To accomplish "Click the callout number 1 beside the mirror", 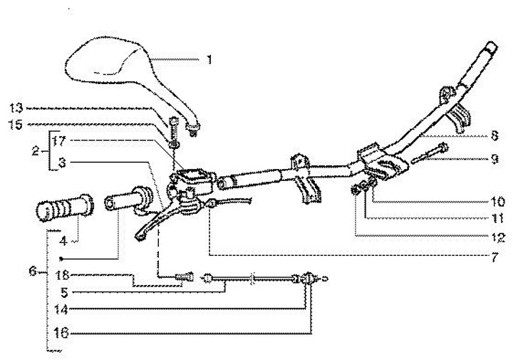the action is click(208, 60).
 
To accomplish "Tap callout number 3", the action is click(62, 163).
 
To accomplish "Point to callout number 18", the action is click(62, 275).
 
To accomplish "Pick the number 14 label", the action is click(63, 310).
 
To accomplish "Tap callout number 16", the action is click(63, 332).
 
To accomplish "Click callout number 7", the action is click(493, 254).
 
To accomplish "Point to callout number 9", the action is click(493, 159).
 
